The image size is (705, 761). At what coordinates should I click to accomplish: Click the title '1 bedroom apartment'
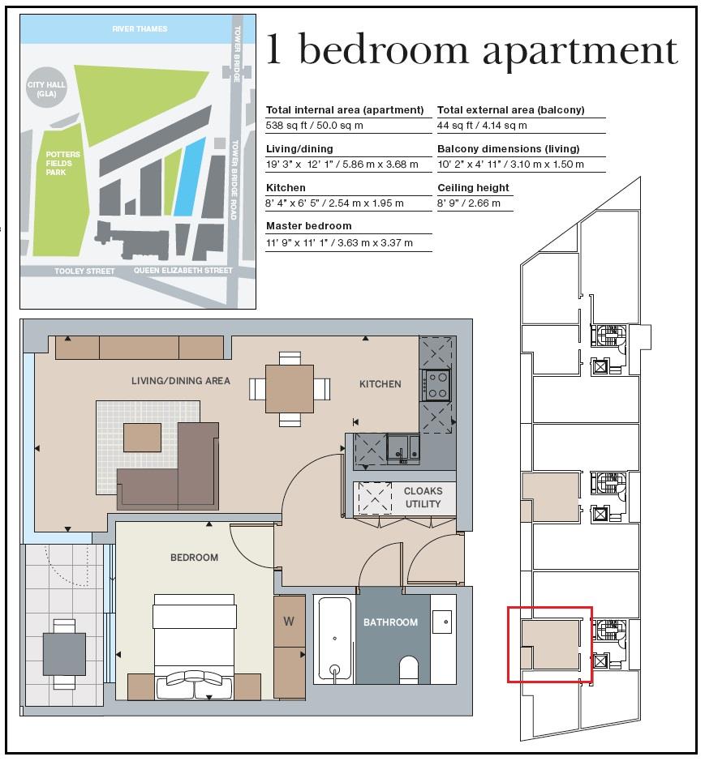tap(471, 50)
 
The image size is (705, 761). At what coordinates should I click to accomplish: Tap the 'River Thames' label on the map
tap(140, 29)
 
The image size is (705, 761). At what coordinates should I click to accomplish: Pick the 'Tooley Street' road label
tap(84, 271)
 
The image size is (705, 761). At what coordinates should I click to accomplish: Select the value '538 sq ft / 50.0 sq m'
tap(315, 126)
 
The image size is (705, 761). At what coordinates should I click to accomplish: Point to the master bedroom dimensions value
tap(339, 242)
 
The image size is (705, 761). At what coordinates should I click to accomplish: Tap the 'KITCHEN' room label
tap(380, 384)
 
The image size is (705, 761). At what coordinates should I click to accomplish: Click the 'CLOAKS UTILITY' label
tap(423, 498)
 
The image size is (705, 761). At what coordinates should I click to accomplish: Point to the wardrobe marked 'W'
tap(289, 622)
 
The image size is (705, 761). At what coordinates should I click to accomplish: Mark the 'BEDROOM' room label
tap(194, 558)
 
